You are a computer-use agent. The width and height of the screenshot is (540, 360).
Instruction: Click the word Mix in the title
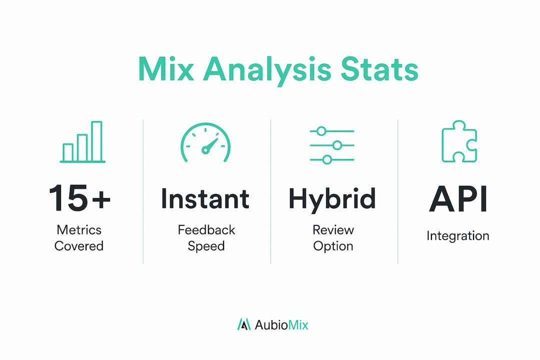(x=165, y=69)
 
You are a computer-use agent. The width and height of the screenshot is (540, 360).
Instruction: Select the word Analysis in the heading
(x=267, y=71)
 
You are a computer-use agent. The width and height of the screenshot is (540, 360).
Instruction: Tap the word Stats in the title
(x=379, y=69)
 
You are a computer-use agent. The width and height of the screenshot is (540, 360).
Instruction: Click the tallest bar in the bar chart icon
(x=97, y=141)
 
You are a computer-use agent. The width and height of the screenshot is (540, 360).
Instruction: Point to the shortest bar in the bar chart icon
(x=68, y=152)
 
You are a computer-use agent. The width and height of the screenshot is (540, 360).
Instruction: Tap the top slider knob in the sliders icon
(x=321, y=131)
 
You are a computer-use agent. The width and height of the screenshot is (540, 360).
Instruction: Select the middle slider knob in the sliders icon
(x=337, y=145)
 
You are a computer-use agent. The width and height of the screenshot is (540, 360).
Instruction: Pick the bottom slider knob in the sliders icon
(x=327, y=159)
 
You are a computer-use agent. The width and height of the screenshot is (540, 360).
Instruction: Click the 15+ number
(x=79, y=197)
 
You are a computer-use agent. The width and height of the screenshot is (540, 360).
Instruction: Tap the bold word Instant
(x=205, y=199)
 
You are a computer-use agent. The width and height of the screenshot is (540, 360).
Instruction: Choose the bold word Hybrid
(x=332, y=200)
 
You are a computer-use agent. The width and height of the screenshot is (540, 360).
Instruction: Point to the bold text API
(x=458, y=199)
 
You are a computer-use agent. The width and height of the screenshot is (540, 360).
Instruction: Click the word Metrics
(x=79, y=230)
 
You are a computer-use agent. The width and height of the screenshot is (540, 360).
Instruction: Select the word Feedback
(x=206, y=230)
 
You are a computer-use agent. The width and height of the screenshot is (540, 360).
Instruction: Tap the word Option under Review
(x=333, y=246)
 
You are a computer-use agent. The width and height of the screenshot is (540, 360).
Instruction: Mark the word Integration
(x=457, y=236)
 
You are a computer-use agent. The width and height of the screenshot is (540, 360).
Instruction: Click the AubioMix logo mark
(x=244, y=324)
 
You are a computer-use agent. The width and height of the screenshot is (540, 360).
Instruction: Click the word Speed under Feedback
(x=206, y=246)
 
